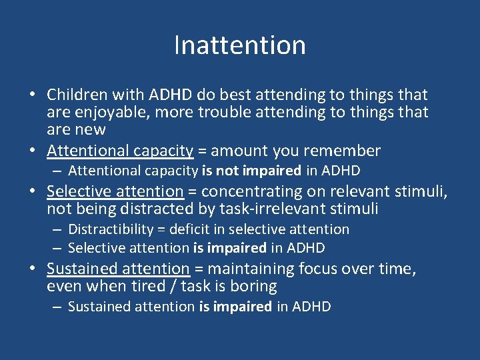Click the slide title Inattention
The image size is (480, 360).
240,45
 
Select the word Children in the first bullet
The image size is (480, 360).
75,95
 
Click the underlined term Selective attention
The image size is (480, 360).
115,191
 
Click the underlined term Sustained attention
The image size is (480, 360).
118,269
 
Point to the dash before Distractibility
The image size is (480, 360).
58,229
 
